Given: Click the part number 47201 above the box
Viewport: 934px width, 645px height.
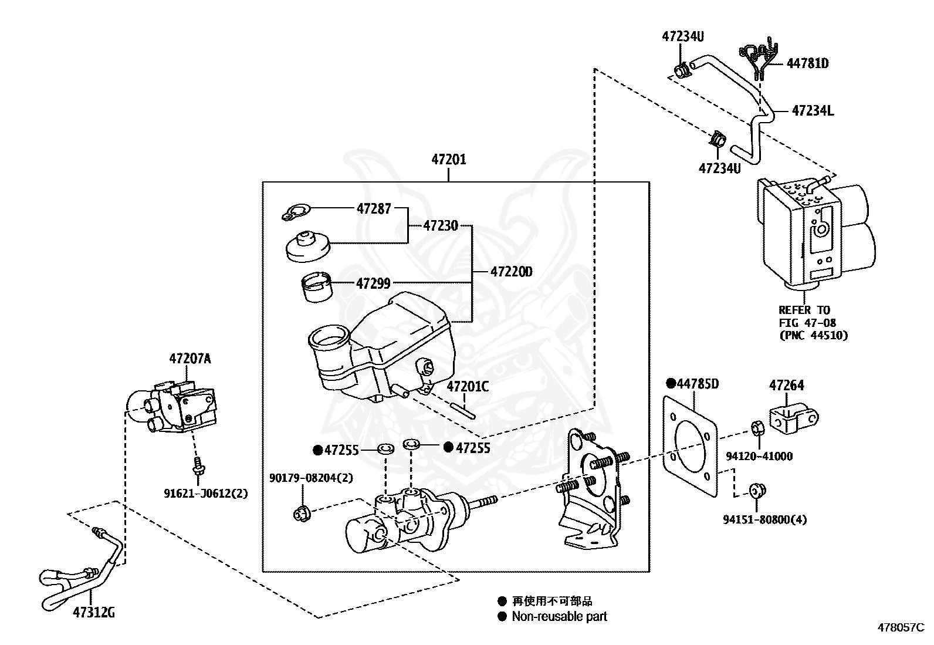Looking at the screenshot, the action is [x=449, y=160].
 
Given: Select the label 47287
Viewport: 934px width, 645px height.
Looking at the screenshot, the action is [x=374, y=208].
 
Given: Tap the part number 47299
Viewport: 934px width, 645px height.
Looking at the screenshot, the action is [x=373, y=283].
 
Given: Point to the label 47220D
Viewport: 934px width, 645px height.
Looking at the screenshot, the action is [x=511, y=272].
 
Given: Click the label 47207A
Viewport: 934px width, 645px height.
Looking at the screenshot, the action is [x=190, y=359].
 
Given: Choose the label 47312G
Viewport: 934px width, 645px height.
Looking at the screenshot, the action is [x=94, y=612].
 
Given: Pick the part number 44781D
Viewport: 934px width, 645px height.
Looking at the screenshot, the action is [x=808, y=63].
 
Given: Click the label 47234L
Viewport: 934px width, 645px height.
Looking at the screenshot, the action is [x=813, y=110].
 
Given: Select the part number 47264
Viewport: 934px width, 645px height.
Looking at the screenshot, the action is [x=786, y=385].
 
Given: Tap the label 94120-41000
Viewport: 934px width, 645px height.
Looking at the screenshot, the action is [x=759, y=456].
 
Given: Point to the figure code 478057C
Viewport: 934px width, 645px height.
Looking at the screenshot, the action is [x=901, y=627].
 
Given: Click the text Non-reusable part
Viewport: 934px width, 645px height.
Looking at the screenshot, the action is [x=559, y=616].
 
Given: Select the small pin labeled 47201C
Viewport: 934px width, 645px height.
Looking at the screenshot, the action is [x=463, y=411].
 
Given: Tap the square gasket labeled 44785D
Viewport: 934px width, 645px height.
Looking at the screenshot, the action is [x=691, y=447].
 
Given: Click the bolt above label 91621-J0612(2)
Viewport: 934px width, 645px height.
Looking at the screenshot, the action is [x=198, y=465].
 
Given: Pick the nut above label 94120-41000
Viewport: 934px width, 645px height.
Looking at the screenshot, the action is [x=757, y=428].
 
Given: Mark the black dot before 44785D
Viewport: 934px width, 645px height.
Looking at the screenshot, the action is [x=671, y=383].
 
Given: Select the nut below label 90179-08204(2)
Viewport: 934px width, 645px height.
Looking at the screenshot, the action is [x=302, y=514].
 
